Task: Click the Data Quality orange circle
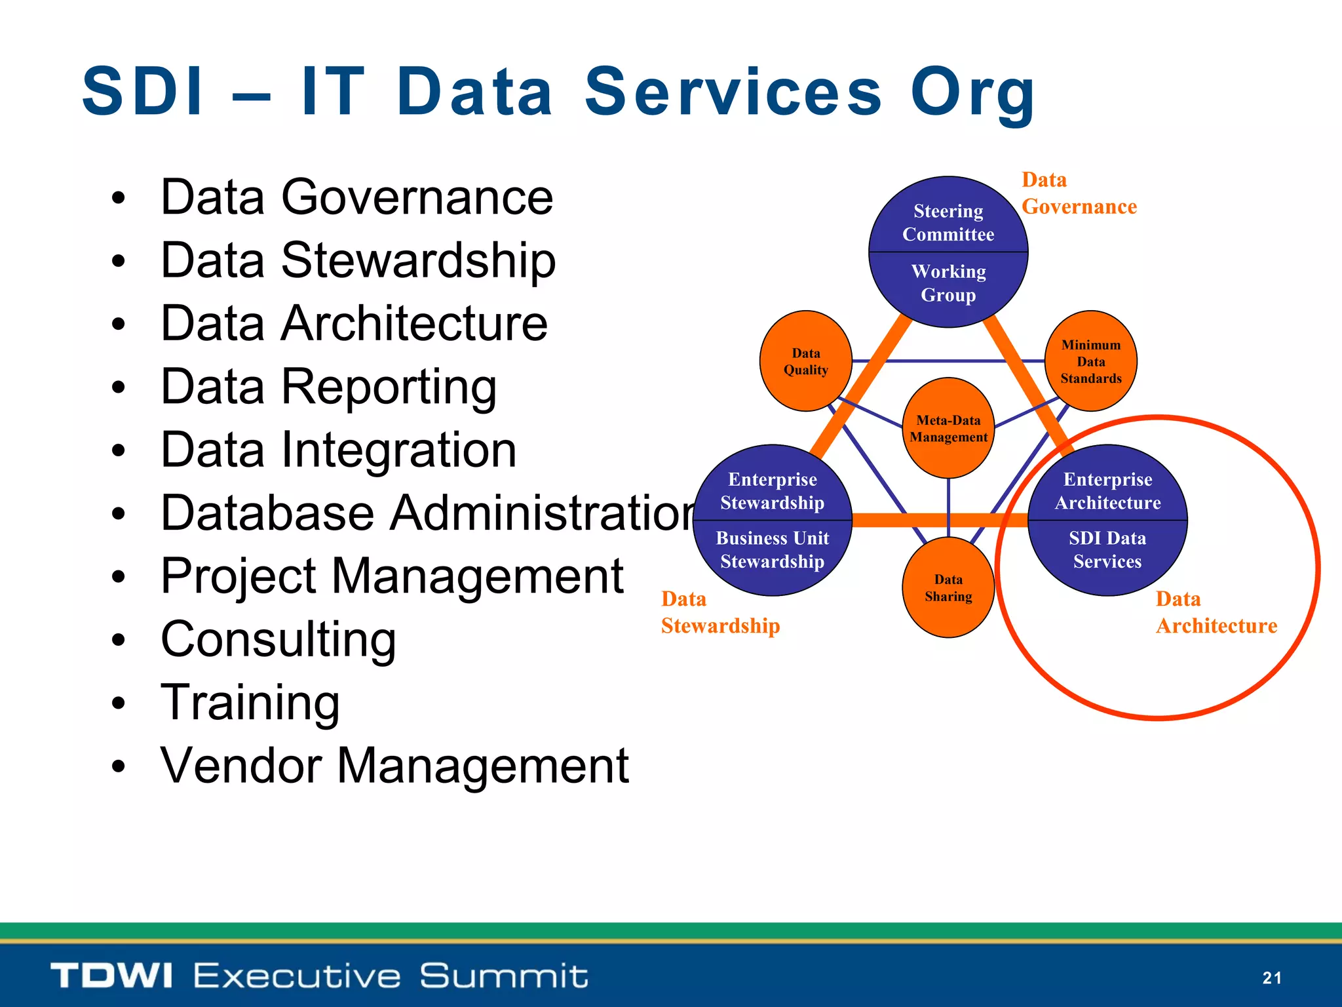click(x=805, y=361)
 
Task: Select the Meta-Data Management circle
click(x=948, y=428)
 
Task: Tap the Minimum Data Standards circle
click(x=1090, y=361)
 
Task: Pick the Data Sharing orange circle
click(x=948, y=587)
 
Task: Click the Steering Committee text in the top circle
click(x=948, y=222)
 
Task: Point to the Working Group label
click(x=948, y=283)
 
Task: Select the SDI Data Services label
click(x=1107, y=549)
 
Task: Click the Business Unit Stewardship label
click(x=773, y=549)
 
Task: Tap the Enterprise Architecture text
click(x=1107, y=490)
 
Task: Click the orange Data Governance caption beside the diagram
click(x=1079, y=193)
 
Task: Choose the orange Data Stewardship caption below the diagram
click(x=720, y=612)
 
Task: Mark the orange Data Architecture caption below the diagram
click(x=1216, y=612)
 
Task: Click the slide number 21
click(x=1271, y=978)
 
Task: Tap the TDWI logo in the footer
click(x=111, y=976)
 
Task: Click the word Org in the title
click(x=972, y=93)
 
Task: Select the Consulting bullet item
click(x=278, y=639)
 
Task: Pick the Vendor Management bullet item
click(x=394, y=765)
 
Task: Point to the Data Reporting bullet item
click(x=328, y=386)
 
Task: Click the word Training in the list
click(x=250, y=702)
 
